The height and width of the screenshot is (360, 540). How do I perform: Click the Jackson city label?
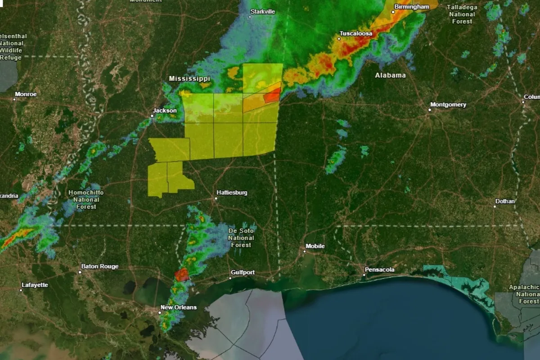(165, 111)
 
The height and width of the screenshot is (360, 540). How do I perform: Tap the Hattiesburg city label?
(232, 193)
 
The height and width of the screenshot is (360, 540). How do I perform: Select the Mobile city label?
(315, 246)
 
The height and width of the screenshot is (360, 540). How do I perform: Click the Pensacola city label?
(380, 270)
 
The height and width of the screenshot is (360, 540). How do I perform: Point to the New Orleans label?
(178, 307)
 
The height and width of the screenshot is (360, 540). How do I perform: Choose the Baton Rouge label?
(99, 266)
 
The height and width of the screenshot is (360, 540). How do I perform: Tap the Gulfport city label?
(243, 272)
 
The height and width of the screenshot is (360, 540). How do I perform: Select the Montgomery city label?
(448, 105)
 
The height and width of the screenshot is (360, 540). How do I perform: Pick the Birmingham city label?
(411, 7)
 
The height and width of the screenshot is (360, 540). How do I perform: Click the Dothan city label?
(504, 201)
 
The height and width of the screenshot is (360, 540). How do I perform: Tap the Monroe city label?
(26, 94)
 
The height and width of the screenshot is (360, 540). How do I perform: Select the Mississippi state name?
(189, 79)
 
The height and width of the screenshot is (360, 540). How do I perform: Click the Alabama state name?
(390, 75)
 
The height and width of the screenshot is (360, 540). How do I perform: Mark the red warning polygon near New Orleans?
(182, 275)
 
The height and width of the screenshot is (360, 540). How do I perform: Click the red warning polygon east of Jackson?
(272, 95)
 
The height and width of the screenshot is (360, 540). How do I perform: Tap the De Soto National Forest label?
(241, 238)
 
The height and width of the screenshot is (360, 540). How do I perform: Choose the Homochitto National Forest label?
(86, 199)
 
